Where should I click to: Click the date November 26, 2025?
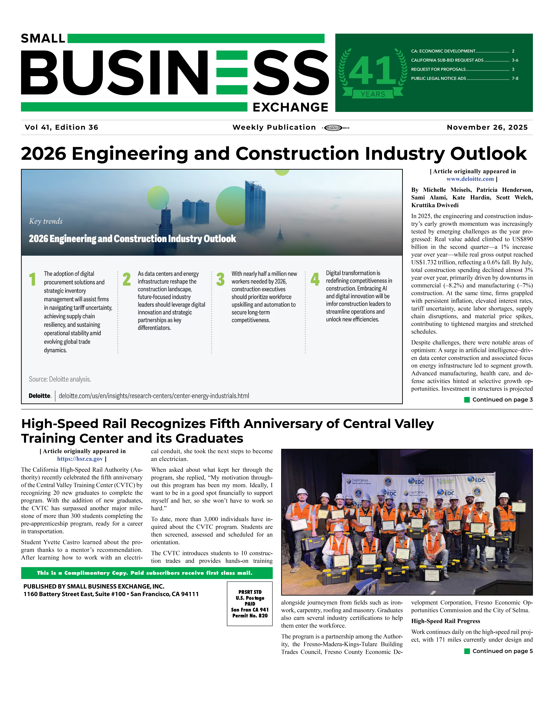point(487,127)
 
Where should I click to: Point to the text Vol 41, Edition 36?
point(62,127)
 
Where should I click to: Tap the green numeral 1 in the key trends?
point(32,279)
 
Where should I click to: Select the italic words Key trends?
point(46,221)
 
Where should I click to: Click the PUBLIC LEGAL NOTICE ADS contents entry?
point(439,78)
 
